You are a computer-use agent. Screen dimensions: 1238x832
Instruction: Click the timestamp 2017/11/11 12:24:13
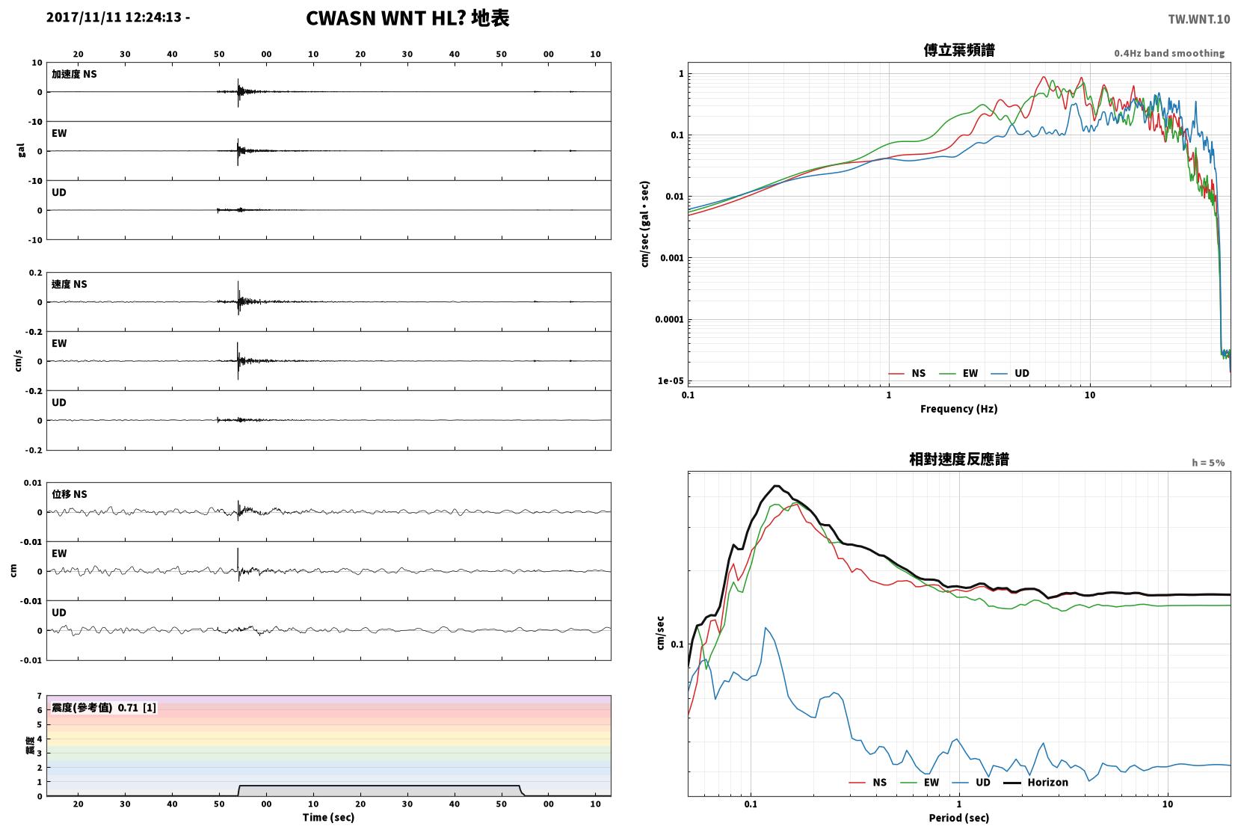click(x=114, y=17)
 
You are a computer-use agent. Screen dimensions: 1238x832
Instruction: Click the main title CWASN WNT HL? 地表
click(x=407, y=18)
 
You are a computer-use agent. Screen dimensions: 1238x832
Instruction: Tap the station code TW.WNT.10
click(x=1199, y=19)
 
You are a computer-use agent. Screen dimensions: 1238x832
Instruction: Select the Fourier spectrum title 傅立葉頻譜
click(x=959, y=50)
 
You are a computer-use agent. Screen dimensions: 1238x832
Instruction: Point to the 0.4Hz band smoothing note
click(x=1169, y=53)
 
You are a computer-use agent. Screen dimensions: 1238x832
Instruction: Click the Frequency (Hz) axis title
click(x=959, y=409)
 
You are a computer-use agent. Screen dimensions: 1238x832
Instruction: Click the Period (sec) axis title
click(x=959, y=818)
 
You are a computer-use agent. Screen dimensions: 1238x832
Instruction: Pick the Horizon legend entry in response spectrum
click(x=1035, y=782)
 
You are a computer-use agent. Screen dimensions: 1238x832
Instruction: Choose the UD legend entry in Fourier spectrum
click(x=1010, y=374)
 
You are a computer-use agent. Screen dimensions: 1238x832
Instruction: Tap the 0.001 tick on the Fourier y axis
click(x=672, y=258)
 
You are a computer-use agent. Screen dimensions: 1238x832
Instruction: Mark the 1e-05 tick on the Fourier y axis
click(x=671, y=380)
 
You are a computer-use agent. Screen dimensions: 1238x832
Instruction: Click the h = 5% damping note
click(x=1208, y=463)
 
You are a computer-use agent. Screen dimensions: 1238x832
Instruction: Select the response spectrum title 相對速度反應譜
click(x=959, y=459)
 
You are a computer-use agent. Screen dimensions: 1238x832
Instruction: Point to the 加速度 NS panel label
click(x=74, y=74)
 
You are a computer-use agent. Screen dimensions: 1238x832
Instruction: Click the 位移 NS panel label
click(x=69, y=494)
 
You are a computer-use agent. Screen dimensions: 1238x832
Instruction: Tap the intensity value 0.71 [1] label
click(x=137, y=708)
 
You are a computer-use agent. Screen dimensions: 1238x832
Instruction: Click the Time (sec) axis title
click(x=328, y=818)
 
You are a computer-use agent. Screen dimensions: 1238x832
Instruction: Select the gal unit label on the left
click(x=21, y=151)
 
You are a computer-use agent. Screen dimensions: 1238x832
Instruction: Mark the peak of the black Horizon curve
click(x=777, y=486)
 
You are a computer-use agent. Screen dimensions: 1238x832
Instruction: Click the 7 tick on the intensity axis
click(x=39, y=696)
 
